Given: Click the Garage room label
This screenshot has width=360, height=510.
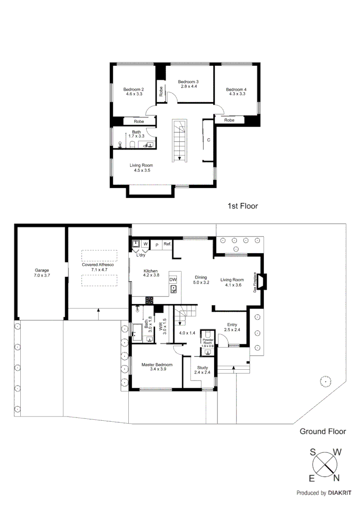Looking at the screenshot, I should pyautogui.click(x=41, y=271).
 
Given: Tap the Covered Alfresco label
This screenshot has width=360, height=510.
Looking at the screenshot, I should pyautogui.click(x=98, y=265).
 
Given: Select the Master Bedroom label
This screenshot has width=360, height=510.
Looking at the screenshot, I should pyautogui.click(x=157, y=365).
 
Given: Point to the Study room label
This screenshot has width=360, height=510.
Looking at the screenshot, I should pyautogui.click(x=202, y=367).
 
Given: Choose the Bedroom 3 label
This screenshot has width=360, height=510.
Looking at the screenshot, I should pyautogui.click(x=187, y=82).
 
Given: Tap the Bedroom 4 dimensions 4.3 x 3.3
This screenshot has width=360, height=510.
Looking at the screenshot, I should pyautogui.click(x=236, y=94).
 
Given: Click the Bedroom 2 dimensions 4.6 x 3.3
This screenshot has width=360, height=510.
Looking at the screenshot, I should pyautogui.click(x=134, y=94).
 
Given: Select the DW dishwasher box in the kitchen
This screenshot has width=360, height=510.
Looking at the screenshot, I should pyautogui.click(x=173, y=280).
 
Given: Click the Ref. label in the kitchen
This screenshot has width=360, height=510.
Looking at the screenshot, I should pyautogui.click(x=167, y=244).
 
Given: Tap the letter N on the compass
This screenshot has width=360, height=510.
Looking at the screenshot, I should pyautogui.click(x=336, y=478).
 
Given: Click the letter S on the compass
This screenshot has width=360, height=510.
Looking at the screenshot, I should pyautogui.click(x=313, y=452).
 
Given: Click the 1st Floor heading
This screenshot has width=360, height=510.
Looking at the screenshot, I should pyautogui.click(x=243, y=206).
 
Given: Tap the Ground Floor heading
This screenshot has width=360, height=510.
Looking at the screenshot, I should pyautogui.click(x=323, y=431).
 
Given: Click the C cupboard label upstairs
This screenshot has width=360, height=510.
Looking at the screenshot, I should pyautogui.click(x=208, y=140).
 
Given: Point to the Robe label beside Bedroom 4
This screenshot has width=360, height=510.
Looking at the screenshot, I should pyautogui.click(x=229, y=120).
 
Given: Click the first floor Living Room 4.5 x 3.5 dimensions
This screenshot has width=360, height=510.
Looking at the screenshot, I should pyautogui.click(x=141, y=170).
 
